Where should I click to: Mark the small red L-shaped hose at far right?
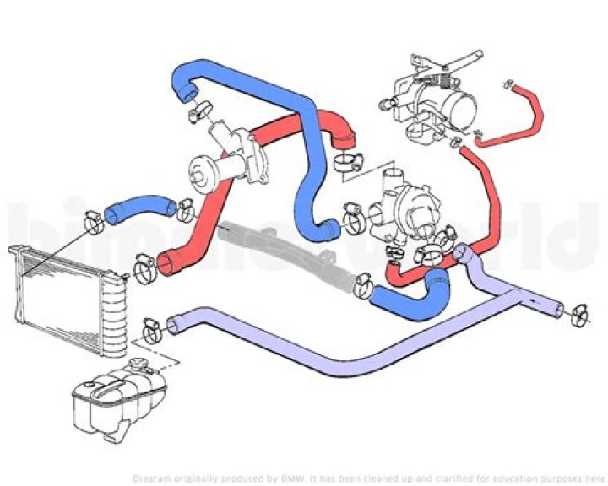click(515, 118)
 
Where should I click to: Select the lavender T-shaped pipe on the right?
click(507, 287)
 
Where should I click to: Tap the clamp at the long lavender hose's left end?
click(153, 324)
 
